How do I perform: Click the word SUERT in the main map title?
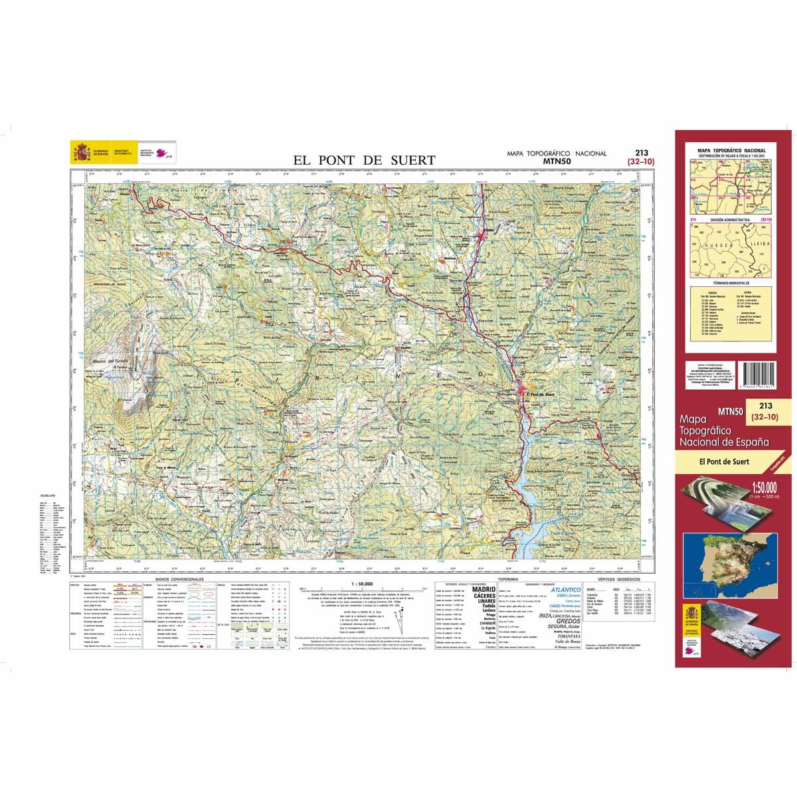coord(411,160)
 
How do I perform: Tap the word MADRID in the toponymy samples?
coord(483,589)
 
